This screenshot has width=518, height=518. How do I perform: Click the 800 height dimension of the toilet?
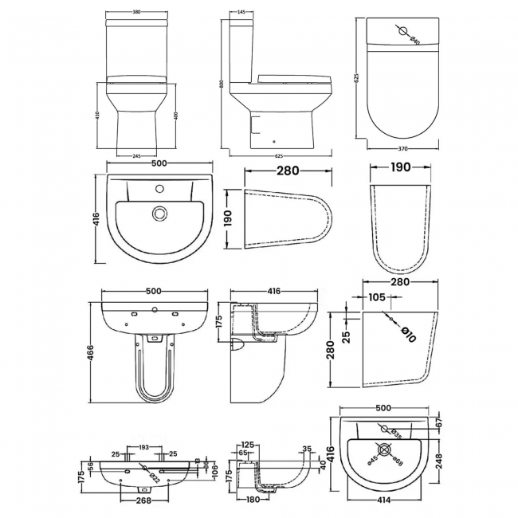tap(224, 83)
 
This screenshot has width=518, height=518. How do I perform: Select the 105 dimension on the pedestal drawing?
tap(379, 297)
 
